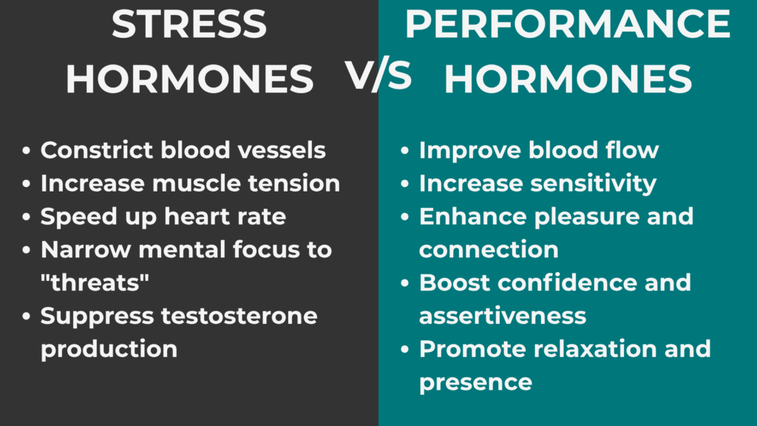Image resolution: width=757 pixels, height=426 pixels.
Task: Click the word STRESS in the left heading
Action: click(x=189, y=24)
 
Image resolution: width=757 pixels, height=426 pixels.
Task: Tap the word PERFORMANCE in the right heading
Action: click(x=568, y=24)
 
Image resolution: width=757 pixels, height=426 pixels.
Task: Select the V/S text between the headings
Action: click(x=378, y=75)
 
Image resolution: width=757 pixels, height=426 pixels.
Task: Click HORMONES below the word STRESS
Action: click(x=189, y=80)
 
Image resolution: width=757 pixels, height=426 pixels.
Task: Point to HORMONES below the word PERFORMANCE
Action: click(x=568, y=80)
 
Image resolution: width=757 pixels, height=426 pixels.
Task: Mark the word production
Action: click(x=109, y=349)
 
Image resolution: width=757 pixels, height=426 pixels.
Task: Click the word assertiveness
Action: click(x=502, y=316)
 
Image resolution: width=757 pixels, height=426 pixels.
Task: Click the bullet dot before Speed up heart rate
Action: click(x=27, y=217)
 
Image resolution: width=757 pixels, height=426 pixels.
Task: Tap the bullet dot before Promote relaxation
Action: click(x=406, y=349)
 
